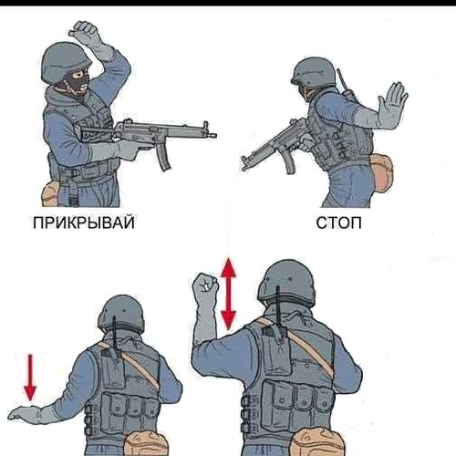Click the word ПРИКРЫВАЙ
click(84, 223)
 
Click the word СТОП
click(338, 223)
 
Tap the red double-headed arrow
click(228, 294)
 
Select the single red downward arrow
click(30, 378)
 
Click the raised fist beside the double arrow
click(205, 285)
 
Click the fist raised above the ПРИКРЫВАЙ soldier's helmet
click(84, 30)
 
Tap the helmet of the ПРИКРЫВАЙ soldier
click(66, 62)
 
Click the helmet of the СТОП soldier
click(314, 72)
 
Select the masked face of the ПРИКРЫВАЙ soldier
click(78, 82)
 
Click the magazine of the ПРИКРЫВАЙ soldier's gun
click(163, 157)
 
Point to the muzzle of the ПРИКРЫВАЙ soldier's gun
click(212, 135)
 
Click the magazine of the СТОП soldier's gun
click(289, 162)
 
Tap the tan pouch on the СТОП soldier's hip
click(381, 172)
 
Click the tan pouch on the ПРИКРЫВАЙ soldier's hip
click(48, 194)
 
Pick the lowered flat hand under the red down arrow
click(25, 413)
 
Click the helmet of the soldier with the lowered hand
click(121, 314)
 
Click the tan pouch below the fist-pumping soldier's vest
click(317, 442)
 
